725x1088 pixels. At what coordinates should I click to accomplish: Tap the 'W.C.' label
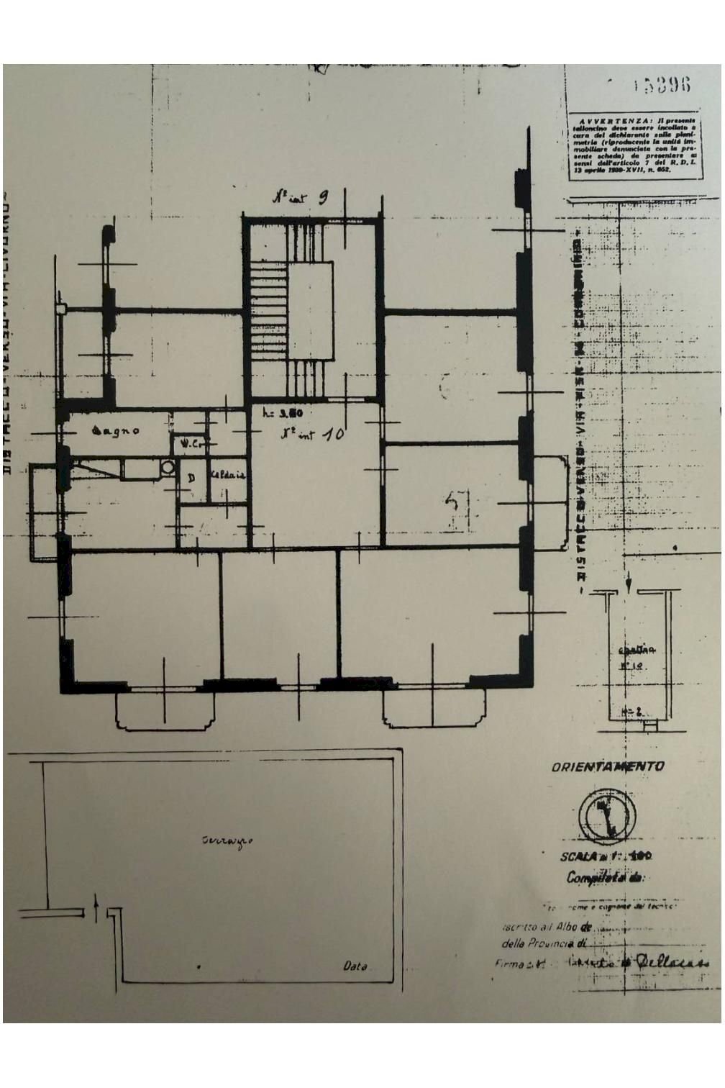188,444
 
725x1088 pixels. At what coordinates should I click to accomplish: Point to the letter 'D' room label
192,479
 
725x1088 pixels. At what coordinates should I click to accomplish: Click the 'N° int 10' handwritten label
311,435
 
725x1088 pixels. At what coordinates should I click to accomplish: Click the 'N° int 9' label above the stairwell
301,198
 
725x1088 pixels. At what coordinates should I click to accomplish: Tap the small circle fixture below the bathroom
168,467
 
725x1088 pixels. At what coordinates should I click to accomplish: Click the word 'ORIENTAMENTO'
608,767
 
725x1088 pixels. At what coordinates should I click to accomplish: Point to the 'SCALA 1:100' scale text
606,857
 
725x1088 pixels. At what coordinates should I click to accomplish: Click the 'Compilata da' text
606,878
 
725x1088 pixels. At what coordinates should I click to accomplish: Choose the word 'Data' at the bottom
355,966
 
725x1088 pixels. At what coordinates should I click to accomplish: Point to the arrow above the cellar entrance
629,581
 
